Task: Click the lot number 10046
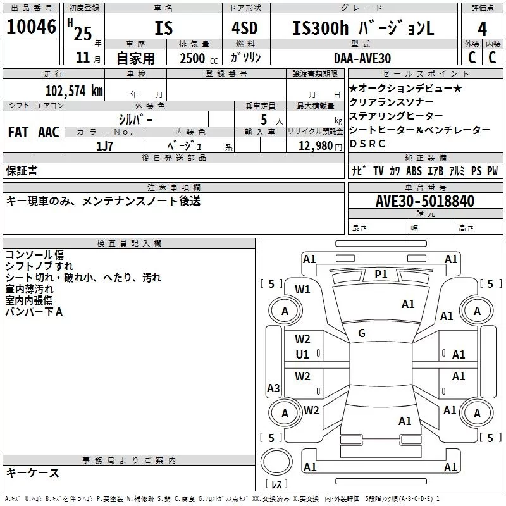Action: click(x=32, y=27)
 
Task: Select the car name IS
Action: click(x=163, y=28)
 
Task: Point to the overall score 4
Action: click(x=482, y=28)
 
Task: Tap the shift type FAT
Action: click(x=18, y=132)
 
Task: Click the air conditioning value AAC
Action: click(x=48, y=132)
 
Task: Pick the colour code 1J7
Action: click(x=105, y=145)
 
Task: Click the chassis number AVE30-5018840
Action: click(x=424, y=201)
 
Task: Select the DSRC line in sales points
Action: click(x=367, y=144)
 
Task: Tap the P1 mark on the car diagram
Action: click(x=381, y=274)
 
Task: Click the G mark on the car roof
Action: click(x=361, y=333)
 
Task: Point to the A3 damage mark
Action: click(x=273, y=388)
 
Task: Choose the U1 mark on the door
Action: click(x=302, y=355)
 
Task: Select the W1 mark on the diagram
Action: click(x=302, y=290)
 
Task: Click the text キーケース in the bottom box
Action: click(x=32, y=472)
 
